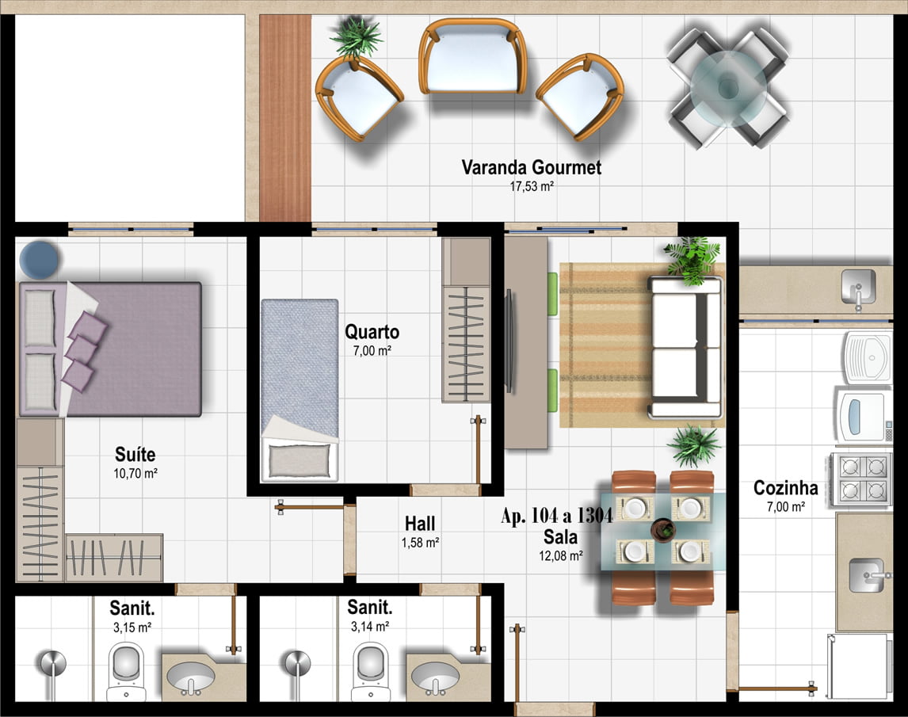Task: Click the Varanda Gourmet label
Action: pos(531,167)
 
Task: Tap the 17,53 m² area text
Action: pos(532,186)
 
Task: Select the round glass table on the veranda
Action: pos(727,88)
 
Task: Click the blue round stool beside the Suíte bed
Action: pos(39,260)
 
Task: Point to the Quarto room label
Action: pos(372,332)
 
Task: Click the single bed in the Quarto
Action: pos(299,391)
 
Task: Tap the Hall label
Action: pos(420,524)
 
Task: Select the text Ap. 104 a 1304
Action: pos(556,516)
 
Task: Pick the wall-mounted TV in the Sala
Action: pos(509,341)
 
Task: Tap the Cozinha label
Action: pos(785,488)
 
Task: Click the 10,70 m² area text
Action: pos(135,473)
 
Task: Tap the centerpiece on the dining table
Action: pos(662,530)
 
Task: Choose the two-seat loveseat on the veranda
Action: pos(472,57)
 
